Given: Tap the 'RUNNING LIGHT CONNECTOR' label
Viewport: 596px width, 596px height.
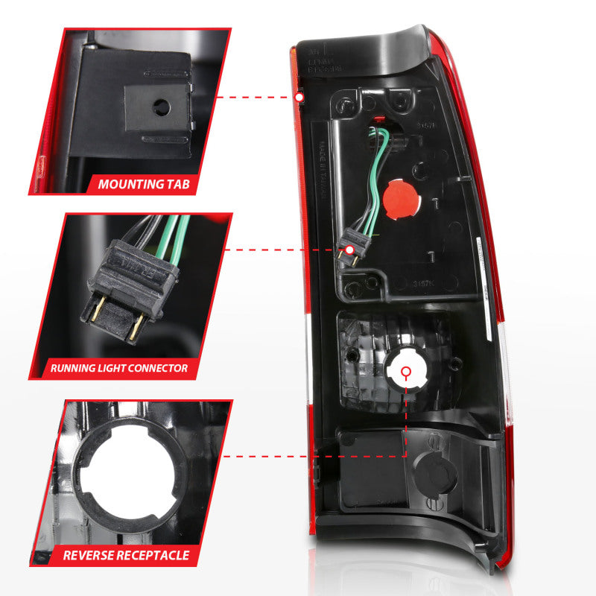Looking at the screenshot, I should [119, 368].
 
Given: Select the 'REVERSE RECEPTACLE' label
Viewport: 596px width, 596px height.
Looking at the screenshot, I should [126, 555].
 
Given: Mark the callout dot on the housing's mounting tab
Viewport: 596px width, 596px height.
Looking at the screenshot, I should [299, 97].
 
